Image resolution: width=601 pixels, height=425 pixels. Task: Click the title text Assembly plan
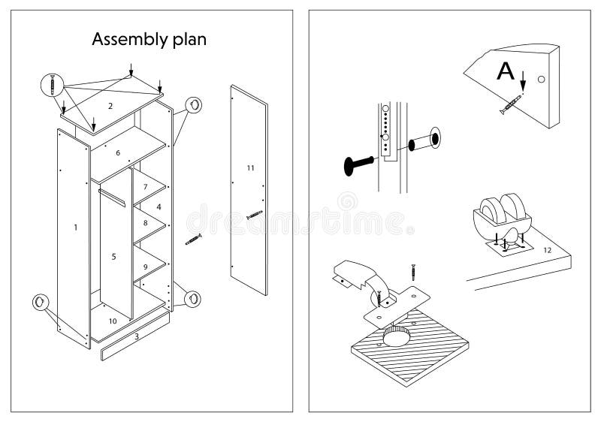[x=149, y=40]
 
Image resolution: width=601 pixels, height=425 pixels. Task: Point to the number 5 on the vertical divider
[x=113, y=257]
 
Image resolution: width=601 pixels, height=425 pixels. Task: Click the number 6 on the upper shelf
[x=118, y=153]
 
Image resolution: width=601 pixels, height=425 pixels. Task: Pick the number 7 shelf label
[x=145, y=186]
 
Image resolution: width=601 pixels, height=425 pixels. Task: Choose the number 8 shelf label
[x=145, y=223]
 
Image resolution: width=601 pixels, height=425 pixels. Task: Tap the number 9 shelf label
[x=145, y=267]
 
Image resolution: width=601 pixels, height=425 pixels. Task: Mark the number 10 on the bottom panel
[x=112, y=321]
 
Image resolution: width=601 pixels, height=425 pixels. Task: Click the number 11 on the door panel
[x=251, y=167]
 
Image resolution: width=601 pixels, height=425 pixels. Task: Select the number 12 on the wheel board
[x=547, y=249]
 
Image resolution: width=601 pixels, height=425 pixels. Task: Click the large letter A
[x=507, y=71]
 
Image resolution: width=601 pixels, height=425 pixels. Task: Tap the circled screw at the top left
[x=52, y=84]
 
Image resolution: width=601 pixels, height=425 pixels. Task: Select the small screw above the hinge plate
[x=412, y=269]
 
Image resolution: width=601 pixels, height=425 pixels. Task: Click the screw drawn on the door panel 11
[x=255, y=216]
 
